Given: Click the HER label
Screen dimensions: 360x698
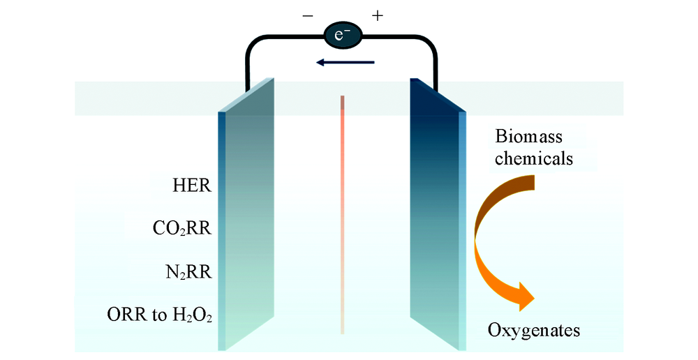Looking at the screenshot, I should click(192, 186).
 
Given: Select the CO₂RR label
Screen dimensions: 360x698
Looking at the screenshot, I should click(182, 227).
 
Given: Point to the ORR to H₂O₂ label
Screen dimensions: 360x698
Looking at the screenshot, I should click(160, 314).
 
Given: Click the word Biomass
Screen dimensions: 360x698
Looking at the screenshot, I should click(528, 137).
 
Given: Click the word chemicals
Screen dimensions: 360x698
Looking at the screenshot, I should click(534, 158).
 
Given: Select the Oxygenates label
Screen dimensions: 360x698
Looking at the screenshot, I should click(535, 329).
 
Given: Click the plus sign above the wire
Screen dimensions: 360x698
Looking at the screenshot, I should click(378, 15).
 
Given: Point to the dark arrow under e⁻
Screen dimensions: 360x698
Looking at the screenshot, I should click(345, 63).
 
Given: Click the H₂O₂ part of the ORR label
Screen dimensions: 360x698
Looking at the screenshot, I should click(191, 315).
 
